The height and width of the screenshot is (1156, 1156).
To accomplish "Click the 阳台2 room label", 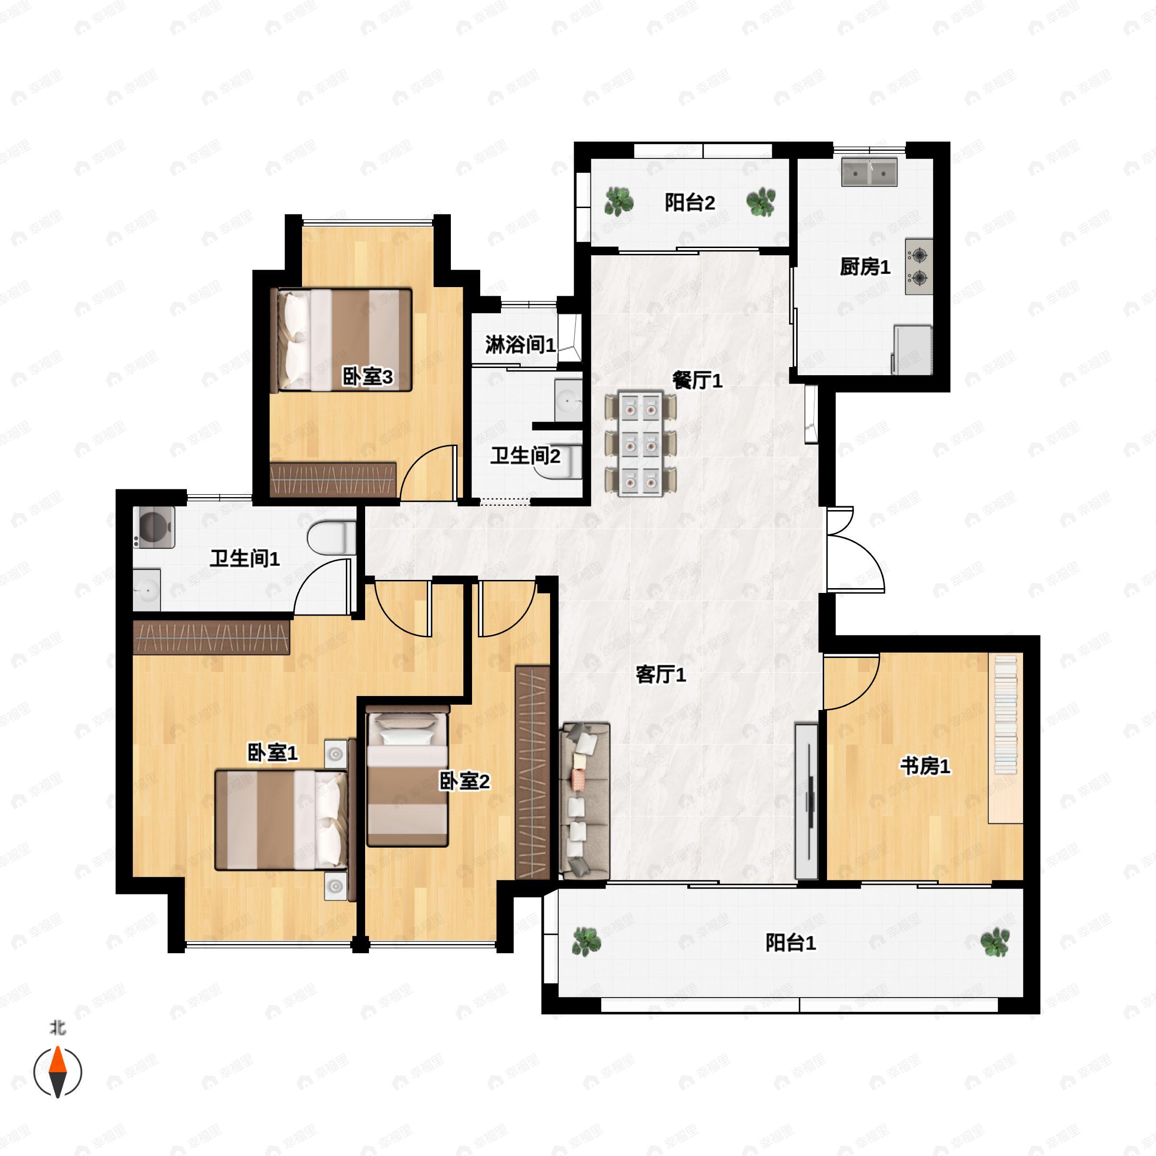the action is (x=690, y=203).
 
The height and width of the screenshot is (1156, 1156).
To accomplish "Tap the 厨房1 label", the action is (x=865, y=267).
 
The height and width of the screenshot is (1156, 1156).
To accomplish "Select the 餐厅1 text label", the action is (x=697, y=380).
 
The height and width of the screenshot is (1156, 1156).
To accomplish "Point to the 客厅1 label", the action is (x=660, y=675).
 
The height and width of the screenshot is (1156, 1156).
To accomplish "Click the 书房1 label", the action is (x=925, y=766).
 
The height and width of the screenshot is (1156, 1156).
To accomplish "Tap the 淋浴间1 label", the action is (x=520, y=345).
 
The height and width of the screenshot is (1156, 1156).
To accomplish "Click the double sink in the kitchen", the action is (x=869, y=172).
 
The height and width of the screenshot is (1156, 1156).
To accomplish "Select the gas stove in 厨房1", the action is (x=919, y=267).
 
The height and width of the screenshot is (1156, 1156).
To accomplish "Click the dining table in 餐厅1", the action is (x=640, y=443).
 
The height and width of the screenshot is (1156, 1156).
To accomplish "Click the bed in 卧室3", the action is (x=341, y=341).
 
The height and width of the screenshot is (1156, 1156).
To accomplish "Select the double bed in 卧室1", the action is (x=281, y=820).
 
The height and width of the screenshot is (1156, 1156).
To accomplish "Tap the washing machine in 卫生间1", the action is (x=154, y=527).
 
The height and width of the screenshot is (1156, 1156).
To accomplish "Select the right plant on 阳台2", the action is (x=761, y=202).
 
